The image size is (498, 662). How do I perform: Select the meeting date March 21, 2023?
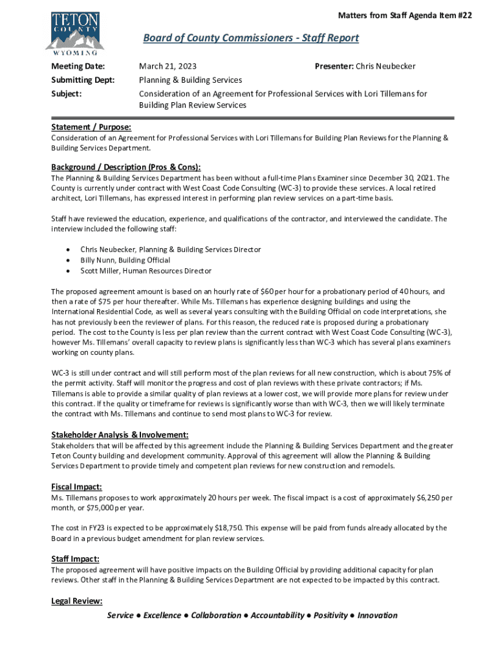pyautogui.click(x=168, y=67)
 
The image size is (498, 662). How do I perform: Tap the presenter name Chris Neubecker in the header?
pyautogui.click(x=385, y=67)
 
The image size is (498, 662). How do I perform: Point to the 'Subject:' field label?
pyautogui.click(x=67, y=94)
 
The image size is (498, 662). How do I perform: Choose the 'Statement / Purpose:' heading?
pyautogui.click(x=91, y=127)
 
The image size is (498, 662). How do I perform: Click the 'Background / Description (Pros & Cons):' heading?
pyautogui.click(x=126, y=166)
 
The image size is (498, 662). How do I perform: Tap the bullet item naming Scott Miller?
pyautogui.click(x=146, y=271)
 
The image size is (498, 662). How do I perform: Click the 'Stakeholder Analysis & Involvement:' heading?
pyautogui.click(x=120, y=434)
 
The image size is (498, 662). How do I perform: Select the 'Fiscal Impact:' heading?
pyautogui.click(x=76, y=487)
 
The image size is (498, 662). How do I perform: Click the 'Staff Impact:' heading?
pyautogui.click(x=74, y=559)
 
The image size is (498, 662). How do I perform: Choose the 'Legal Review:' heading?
pyautogui.click(x=76, y=601)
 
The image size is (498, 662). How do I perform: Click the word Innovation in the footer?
pyautogui.click(x=377, y=615)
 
